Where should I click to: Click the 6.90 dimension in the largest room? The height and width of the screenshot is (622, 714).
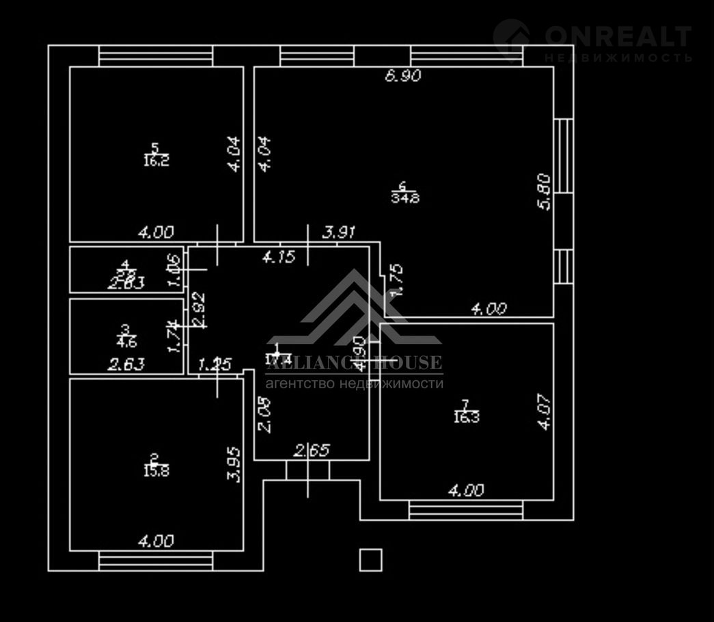point(402,76)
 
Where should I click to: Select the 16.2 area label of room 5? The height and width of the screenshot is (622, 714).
point(156,161)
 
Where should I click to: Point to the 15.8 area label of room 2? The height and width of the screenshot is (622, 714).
point(155,471)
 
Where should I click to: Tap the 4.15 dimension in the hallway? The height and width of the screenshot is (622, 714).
point(279,257)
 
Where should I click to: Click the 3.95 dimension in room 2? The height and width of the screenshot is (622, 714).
point(234,465)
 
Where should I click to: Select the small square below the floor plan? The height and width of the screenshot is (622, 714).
point(370,559)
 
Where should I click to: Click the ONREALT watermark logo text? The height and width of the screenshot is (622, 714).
point(618,36)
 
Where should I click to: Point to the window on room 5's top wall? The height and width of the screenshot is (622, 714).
point(155,55)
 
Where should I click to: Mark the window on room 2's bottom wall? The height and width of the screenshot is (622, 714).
point(155,561)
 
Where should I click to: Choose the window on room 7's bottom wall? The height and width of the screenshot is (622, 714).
point(466,510)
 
